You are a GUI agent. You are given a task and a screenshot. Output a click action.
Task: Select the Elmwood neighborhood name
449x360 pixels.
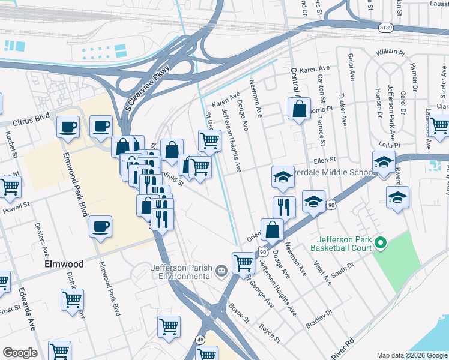(x=64, y=263)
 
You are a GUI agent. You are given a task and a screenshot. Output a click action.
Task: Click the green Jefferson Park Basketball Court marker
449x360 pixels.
(x=379, y=243)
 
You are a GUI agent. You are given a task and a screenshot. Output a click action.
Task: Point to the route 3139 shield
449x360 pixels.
(x=387, y=28)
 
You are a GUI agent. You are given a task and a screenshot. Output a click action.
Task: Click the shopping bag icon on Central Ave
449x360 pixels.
(x=299, y=109)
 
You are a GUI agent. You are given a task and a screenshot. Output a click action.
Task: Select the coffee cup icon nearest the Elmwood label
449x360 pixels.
(x=100, y=227)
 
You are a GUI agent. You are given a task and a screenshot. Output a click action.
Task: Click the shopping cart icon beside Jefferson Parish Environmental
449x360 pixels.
(x=243, y=262)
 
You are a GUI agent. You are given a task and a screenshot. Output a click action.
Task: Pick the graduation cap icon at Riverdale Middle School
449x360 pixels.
(x=283, y=176)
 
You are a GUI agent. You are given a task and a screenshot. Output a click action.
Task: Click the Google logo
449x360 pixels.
(x=20, y=353)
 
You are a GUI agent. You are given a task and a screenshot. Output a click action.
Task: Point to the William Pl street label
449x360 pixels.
(x=390, y=53)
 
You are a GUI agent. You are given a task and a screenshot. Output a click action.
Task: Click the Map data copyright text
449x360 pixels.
(x=411, y=355)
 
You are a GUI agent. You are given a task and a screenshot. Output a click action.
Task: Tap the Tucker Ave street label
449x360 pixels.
(x=343, y=112)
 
